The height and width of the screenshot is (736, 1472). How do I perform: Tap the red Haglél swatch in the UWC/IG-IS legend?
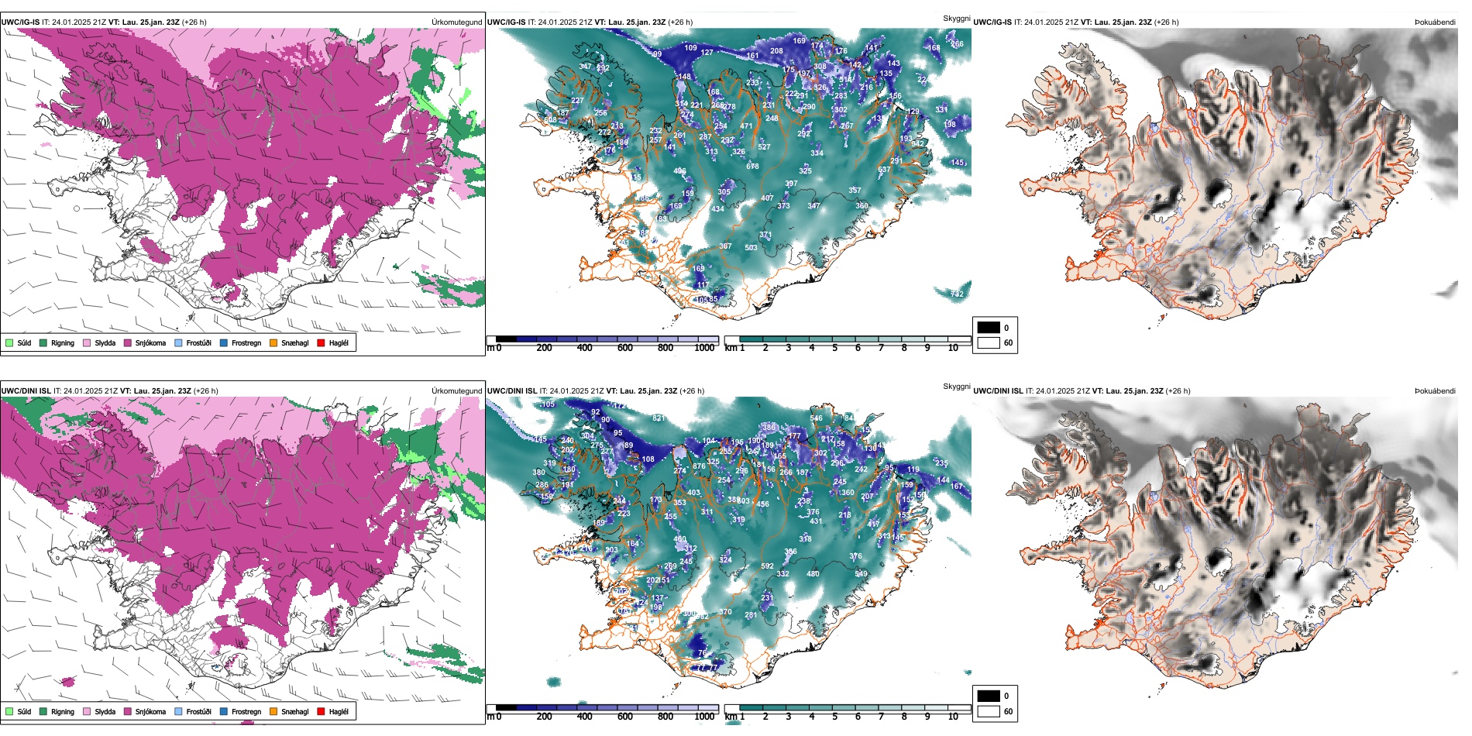[x=321, y=342]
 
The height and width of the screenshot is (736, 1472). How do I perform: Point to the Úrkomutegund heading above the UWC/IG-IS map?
[x=456, y=22]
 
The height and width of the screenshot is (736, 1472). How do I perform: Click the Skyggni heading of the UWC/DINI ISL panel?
[x=956, y=386]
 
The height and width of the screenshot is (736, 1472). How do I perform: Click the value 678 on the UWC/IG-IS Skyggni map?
[x=752, y=167]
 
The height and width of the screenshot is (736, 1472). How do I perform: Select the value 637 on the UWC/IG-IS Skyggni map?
[x=884, y=170]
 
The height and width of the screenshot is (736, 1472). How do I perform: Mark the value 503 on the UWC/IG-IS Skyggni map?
[x=751, y=248]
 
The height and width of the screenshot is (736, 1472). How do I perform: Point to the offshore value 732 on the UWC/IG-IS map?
[x=957, y=294]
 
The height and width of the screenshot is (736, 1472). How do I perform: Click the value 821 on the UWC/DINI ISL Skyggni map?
[x=659, y=418]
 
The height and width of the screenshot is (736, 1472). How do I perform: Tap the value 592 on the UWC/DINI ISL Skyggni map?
[x=767, y=566]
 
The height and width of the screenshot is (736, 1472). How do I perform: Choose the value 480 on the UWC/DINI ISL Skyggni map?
[x=813, y=574]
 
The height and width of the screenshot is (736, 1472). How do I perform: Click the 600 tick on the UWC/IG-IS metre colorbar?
[x=625, y=348]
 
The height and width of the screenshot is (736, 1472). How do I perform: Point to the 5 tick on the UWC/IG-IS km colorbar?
[x=834, y=348]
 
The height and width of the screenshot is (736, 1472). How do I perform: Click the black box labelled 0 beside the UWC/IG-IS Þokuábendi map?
[x=989, y=328]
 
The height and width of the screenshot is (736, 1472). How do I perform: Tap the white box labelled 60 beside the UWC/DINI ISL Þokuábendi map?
[x=989, y=711]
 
